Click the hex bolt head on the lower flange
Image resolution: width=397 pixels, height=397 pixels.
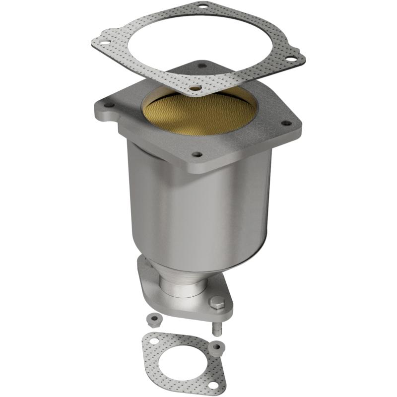[217, 301]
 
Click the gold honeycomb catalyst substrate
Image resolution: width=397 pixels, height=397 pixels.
[198, 112]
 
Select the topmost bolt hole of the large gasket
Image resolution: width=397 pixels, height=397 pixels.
[202, 7]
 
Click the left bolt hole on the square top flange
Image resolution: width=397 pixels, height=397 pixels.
[108, 105]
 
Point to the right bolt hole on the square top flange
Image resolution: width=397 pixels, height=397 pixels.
[286, 123]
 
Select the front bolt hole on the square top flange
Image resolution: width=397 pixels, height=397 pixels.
[197, 155]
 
